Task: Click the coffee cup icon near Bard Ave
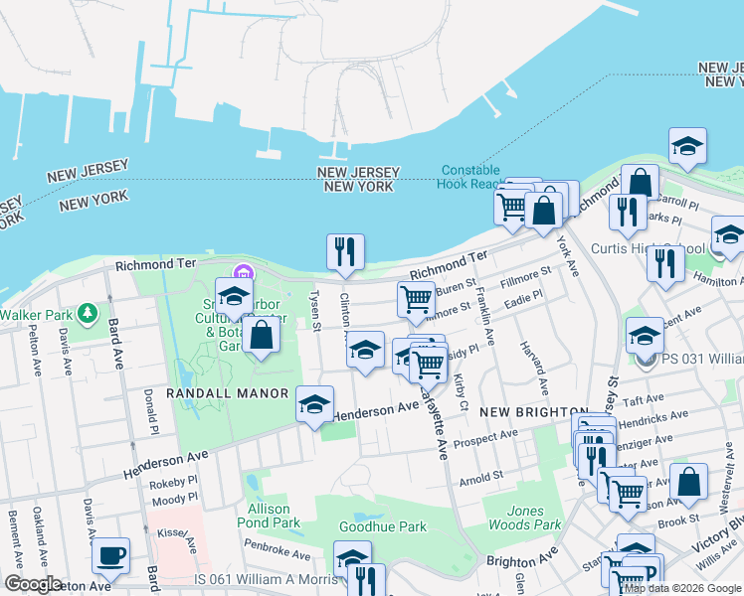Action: coord(110,555)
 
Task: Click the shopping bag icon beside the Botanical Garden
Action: coord(261,335)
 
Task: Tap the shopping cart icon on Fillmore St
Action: coord(416,299)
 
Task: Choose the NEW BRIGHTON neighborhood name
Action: coord(533,411)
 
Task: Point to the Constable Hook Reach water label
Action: coord(470,177)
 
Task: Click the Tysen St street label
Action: coord(315,311)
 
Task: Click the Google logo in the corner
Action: coord(33,584)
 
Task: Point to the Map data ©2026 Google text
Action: coord(682,588)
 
